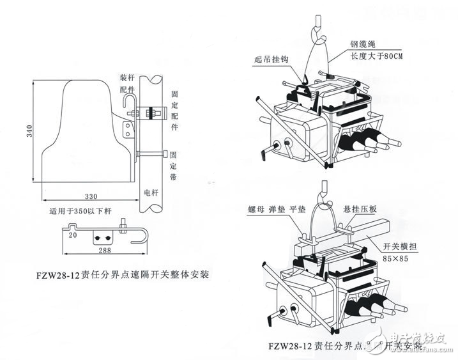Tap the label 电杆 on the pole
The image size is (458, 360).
151,191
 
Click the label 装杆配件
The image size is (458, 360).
126,83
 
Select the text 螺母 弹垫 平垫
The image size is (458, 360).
275,209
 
